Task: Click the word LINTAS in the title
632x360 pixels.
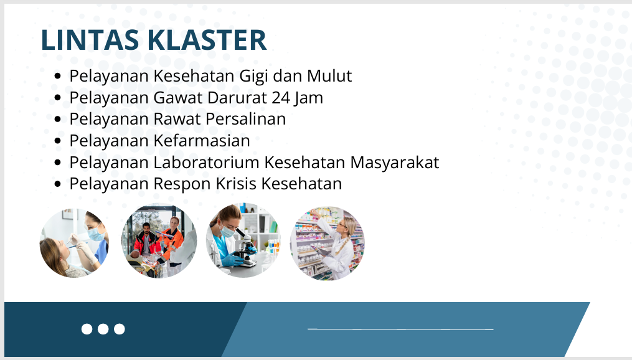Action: point(90,40)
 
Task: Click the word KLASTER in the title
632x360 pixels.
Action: point(207,40)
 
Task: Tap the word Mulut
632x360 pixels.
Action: point(329,76)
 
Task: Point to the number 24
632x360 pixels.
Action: point(280,98)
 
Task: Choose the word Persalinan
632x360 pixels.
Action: point(245,119)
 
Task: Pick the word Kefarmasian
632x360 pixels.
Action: point(202,141)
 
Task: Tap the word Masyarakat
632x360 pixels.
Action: point(395,163)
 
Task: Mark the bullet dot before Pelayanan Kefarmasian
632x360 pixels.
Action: point(58,141)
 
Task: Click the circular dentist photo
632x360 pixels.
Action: point(74,243)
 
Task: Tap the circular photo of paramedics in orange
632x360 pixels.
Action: point(159,241)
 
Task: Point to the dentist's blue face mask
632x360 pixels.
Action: point(96,234)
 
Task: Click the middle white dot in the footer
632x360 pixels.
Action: point(103,329)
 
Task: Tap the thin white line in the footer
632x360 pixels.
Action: point(400,329)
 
